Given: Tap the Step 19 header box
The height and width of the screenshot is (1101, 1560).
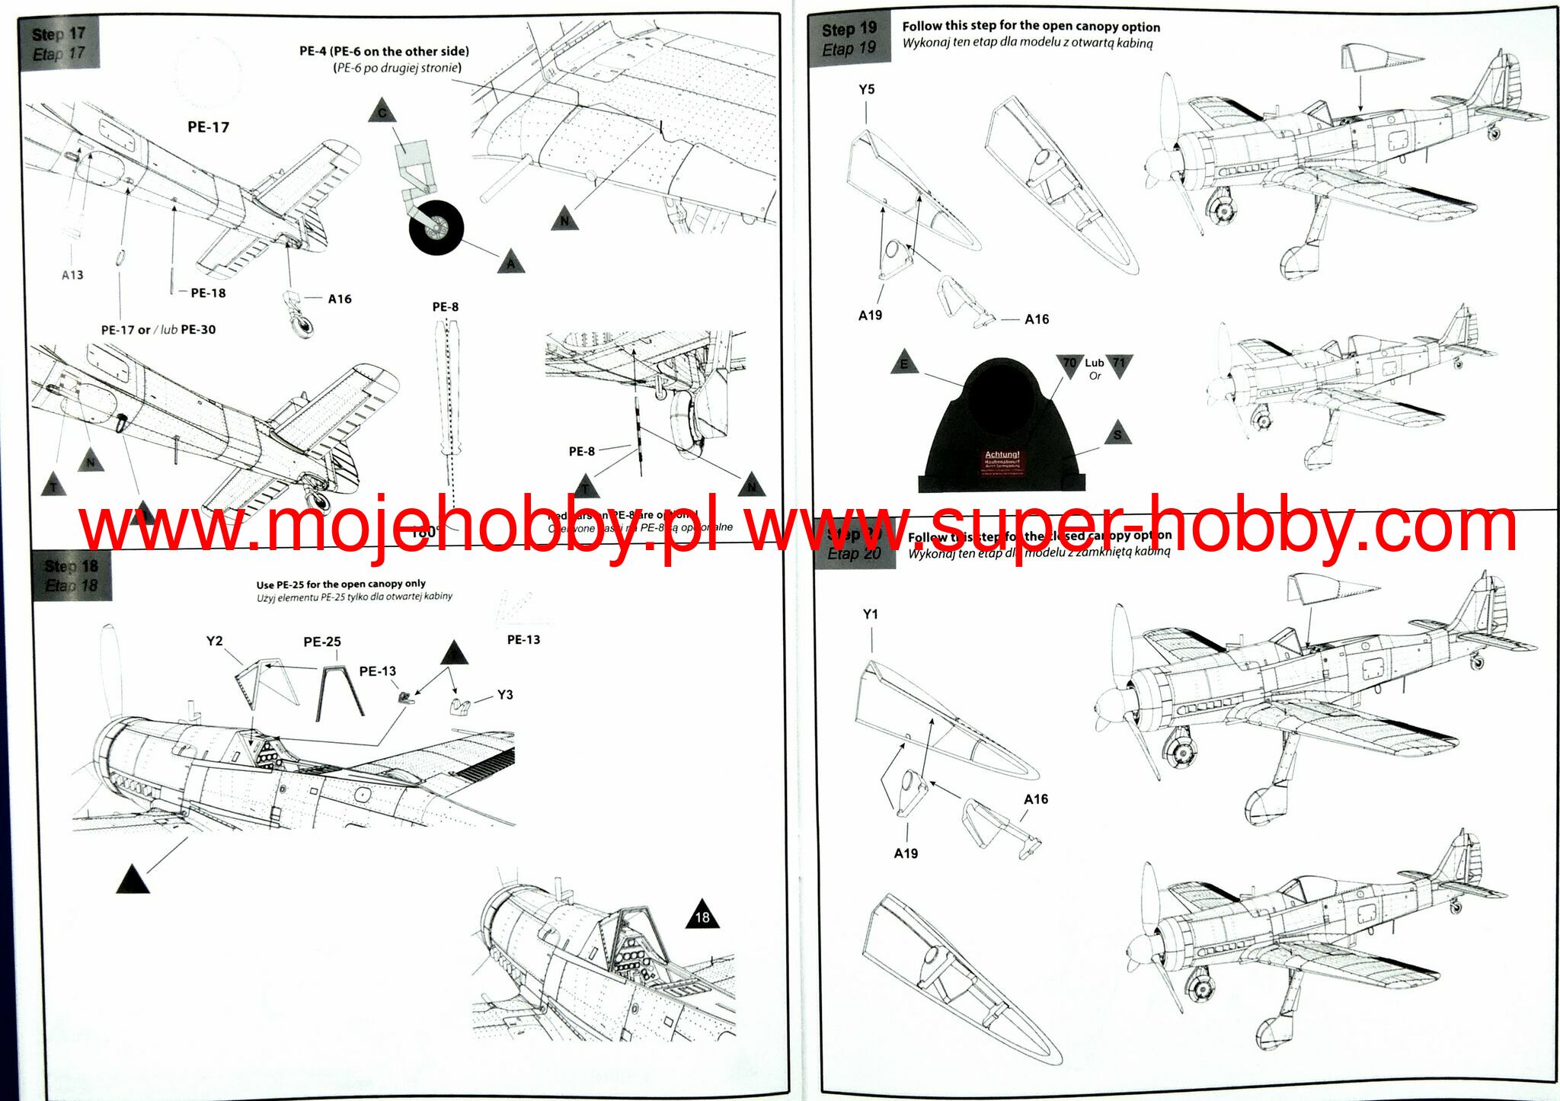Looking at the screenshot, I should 849,39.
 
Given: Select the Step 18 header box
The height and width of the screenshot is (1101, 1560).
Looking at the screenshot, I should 71,575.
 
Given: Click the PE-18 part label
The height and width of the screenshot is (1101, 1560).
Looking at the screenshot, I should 207,293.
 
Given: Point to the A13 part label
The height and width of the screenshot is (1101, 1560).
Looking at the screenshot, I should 72,274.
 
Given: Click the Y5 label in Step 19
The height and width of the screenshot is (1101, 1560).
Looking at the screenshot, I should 867,89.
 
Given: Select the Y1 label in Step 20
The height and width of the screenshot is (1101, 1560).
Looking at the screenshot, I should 871,613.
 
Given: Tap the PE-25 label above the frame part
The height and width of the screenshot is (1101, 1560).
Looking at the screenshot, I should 322,642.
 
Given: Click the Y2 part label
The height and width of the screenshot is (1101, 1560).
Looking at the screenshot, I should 215,641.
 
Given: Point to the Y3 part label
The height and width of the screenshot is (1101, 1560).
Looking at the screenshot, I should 505,694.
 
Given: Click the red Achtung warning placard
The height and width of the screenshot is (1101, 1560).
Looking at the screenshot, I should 1002,462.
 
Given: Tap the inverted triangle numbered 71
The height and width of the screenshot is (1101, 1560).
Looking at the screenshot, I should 1119,363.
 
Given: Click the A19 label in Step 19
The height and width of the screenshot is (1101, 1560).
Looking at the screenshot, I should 870,315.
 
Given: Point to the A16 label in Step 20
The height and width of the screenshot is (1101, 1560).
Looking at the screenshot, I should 1036,799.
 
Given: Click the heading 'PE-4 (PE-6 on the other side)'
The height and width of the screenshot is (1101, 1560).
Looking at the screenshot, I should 384,51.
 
